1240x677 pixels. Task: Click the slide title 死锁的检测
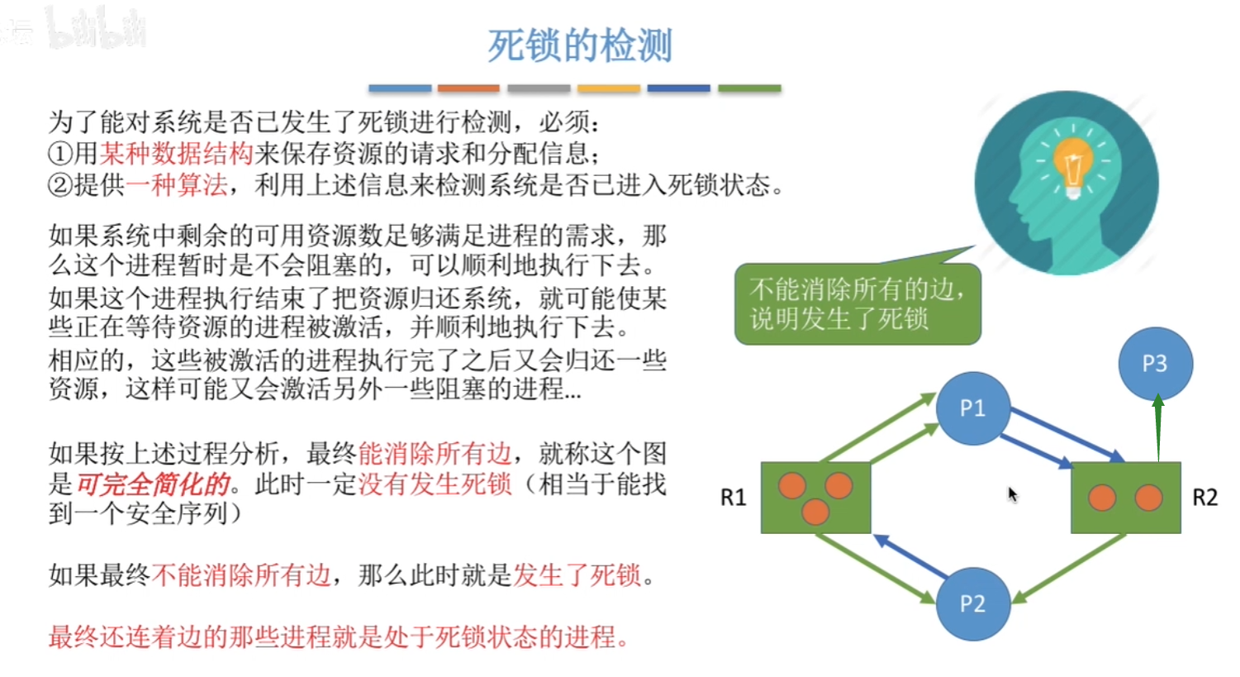579,45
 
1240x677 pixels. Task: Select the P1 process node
972,408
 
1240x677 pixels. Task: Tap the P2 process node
972,603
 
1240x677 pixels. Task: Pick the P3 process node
1154,364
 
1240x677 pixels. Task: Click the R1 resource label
733,497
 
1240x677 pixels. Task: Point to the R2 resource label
1204,497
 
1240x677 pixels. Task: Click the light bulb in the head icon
1073,165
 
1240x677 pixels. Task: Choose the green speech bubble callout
857,303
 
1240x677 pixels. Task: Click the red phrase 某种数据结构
176,153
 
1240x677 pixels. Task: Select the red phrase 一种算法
177,184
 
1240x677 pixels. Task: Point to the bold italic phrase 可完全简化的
153,484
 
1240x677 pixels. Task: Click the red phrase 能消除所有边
435,453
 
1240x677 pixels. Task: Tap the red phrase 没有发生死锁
435,484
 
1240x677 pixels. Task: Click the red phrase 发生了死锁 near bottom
577,574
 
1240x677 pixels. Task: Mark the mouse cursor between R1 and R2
1012,494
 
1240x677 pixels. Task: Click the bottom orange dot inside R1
815,512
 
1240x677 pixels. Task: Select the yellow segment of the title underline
609,88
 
